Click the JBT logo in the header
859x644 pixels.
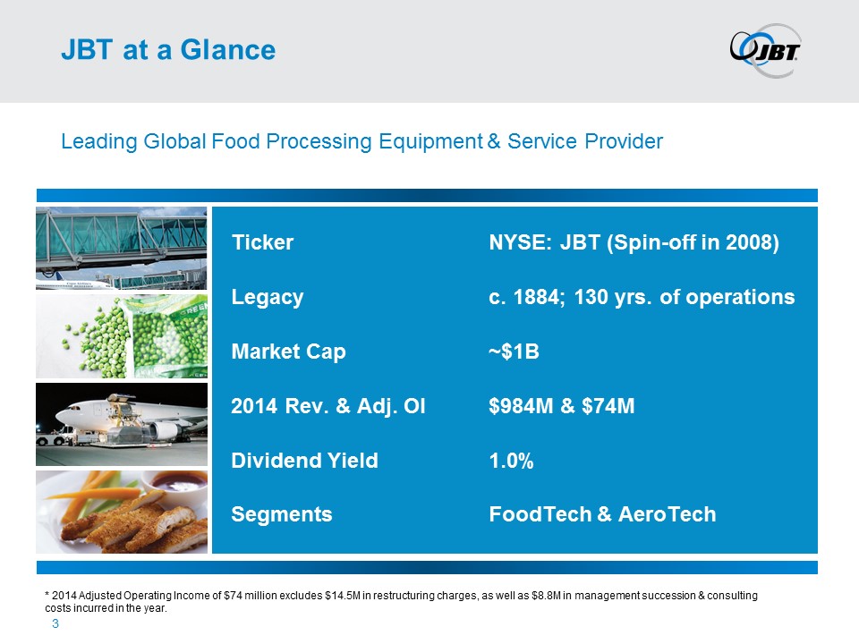(765, 50)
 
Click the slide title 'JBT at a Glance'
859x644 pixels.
(168, 50)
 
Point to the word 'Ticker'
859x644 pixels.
(262, 242)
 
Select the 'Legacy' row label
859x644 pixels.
(268, 297)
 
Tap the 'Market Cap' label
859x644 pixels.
(288, 352)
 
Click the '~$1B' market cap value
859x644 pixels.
(514, 352)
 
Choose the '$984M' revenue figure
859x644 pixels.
(521, 406)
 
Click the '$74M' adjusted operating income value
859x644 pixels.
(608, 406)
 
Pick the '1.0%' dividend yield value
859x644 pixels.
(511, 461)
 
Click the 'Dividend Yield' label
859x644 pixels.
(304, 461)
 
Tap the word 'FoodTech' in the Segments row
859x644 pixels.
(540, 514)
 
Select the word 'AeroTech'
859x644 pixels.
(667, 514)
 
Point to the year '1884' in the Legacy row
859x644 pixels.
(540, 297)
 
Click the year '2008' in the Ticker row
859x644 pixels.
(749, 242)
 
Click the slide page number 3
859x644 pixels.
(55, 623)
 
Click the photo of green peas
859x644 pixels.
(122, 336)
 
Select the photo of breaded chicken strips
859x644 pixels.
(122, 512)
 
